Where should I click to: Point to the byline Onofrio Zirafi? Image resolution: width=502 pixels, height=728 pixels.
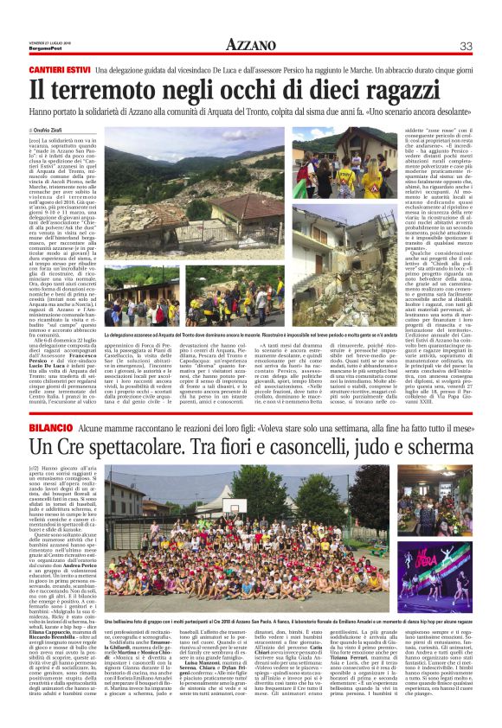coord(56,129)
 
